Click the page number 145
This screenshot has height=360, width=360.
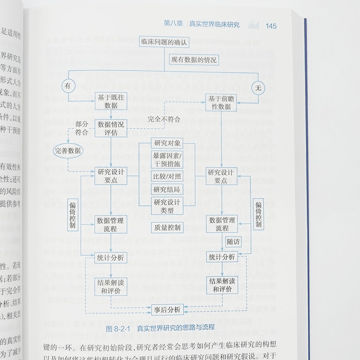tap(271, 26)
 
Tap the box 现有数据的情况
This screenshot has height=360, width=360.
tap(194, 59)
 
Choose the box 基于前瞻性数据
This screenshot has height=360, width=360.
tap(221, 103)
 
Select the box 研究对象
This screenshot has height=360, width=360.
tap(167, 144)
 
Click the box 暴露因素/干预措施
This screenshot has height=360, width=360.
tap(167, 161)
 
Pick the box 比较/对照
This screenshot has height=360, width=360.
tap(167, 176)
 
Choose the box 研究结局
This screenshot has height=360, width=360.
tap(167, 189)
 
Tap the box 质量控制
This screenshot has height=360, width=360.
tap(167, 228)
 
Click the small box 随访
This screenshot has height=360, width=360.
tap(234, 242)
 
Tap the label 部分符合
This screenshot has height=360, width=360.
tap(81, 128)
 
